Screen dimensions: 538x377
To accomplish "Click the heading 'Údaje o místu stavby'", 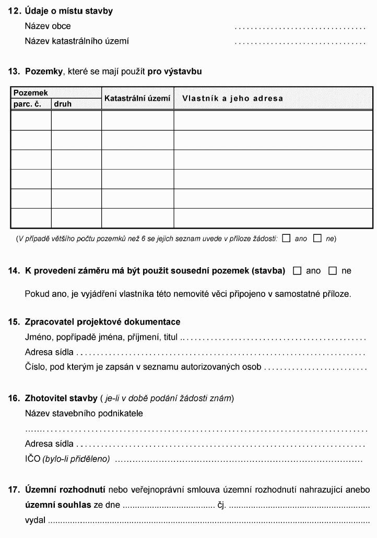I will tap(68, 10).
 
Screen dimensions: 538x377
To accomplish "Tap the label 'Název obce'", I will tap(48, 26).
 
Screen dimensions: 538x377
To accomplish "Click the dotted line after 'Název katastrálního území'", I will tap(300, 41).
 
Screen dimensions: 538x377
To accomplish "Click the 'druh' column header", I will tap(62, 104).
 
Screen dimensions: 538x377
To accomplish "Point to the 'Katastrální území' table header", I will tap(137, 98).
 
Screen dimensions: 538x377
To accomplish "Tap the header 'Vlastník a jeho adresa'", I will tap(232, 98).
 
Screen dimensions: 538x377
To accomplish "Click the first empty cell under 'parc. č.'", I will tap(31, 121).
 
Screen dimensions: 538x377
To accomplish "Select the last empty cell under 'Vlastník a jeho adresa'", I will tap(273, 218).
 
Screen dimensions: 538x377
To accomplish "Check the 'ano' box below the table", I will tap(286, 238).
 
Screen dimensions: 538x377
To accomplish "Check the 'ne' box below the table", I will tap(317, 238).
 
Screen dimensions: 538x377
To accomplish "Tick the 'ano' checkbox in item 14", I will tap(298, 271).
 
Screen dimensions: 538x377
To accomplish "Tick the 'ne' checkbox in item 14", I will tap(333, 271).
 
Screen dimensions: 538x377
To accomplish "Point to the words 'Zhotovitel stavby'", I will tap(61, 399).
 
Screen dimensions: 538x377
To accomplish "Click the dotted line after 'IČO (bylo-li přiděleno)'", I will tap(238, 460).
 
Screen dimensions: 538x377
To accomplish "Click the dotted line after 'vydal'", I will tap(208, 521).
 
